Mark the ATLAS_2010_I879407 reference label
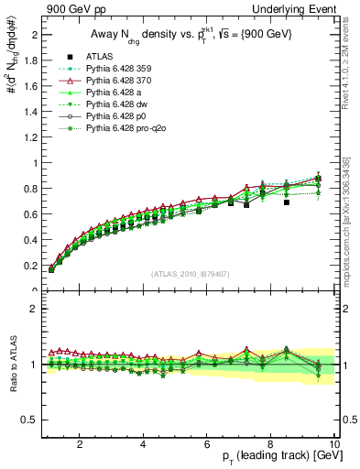tap(190, 274)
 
